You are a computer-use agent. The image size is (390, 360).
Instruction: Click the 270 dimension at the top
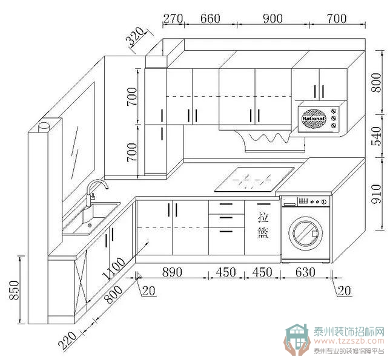pos(173,18)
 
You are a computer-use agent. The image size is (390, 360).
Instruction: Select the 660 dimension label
pos(210,18)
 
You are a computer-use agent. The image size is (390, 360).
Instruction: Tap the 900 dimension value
pos(273,18)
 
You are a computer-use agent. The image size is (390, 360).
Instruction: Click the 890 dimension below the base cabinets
pos(173,272)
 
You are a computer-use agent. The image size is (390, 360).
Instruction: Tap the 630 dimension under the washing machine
pos(305,272)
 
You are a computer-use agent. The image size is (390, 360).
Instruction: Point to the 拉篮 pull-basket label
pos(263,224)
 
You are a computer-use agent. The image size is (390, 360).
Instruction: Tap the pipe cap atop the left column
pos(44,127)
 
